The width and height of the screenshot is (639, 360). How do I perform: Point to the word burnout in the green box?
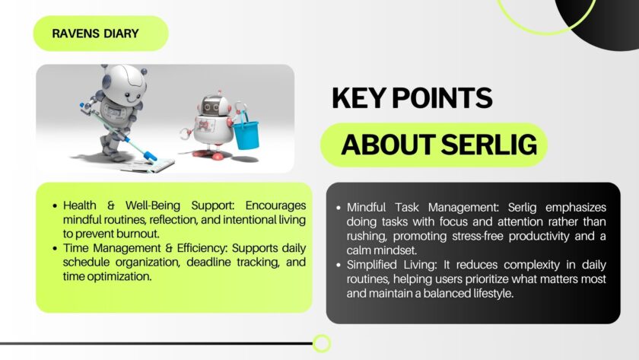[x=138, y=233]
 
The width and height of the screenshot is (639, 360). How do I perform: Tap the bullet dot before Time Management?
[x=55, y=249]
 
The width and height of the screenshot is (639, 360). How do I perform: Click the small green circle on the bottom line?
[x=322, y=343]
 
